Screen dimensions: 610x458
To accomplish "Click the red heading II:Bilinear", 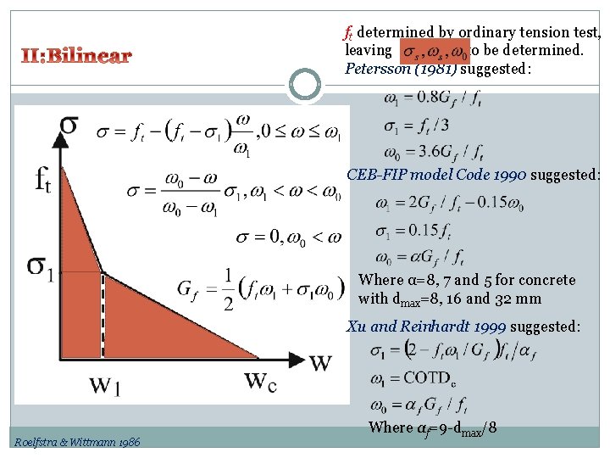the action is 75,57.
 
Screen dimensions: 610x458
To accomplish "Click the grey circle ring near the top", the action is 305,84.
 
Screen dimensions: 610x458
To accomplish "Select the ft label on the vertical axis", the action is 42,181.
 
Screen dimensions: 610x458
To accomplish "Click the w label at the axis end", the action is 320,362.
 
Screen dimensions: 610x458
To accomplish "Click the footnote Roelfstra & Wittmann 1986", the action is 77,441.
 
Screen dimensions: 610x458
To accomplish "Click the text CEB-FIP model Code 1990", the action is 437,175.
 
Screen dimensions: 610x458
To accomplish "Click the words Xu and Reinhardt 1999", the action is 426,327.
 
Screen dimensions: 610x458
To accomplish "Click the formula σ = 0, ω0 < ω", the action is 289,236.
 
